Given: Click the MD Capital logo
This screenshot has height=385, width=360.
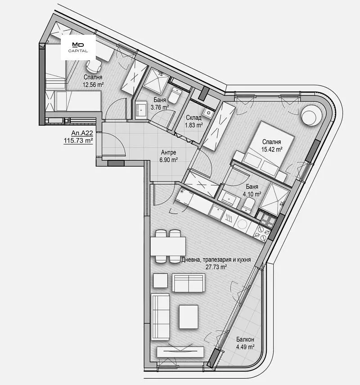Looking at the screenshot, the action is pyautogui.click(x=78, y=47).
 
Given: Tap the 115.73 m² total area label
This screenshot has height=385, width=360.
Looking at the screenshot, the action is pyautogui.click(x=78, y=140).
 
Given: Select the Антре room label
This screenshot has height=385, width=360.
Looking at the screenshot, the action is pyautogui.click(x=169, y=153).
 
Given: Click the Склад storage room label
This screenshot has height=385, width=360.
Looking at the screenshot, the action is pyautogui.click(x=193, y=118).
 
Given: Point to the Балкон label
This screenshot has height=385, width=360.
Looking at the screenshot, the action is pyautogui.click(x=245, y=340).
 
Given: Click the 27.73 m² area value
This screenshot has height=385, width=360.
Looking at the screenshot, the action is pyautogui.click(x=216, y=267).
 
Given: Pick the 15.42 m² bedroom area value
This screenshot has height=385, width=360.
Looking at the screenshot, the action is pyautogui.click(x=272, y=149).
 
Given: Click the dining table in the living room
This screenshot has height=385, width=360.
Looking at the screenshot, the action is pyautogui.click(x=168, y=246).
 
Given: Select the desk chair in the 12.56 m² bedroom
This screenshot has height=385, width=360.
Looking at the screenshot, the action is pyautogui.click(x=94, y=65).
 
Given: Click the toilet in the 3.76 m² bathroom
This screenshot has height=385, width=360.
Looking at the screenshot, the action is pyautogui.click(x=175, y=95).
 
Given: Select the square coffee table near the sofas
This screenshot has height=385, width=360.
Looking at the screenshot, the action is pyautogui.click(x=189, y=317).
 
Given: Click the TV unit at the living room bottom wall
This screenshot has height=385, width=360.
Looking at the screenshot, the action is pyautogui.click(x=180, y=352).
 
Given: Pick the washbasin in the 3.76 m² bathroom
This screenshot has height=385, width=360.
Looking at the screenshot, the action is pyautogui.click(x=141, y=110).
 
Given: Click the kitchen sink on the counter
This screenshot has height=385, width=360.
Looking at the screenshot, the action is pyautogui.click(x=216, y=211).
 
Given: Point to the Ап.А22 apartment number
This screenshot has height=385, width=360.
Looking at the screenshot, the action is pyautogui.click(x=82, y=133).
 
